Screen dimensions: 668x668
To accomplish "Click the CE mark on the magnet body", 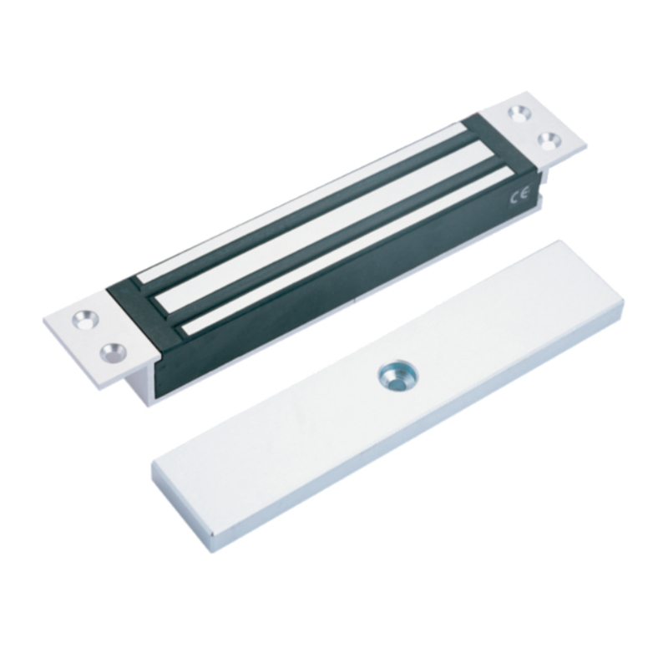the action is point(519,196).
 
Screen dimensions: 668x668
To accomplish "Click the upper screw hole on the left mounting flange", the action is point(85,319).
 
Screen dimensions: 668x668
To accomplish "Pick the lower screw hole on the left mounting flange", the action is point(114,352).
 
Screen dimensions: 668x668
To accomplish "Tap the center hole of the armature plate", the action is point(398,376).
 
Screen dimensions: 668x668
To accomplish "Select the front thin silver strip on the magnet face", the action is point(345,251).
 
